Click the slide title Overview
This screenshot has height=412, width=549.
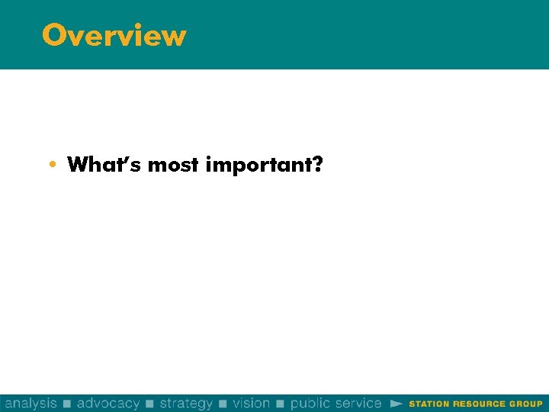pos(114,35)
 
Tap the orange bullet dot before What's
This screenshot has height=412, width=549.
pos(51,165)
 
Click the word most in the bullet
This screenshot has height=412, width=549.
pos(173,165)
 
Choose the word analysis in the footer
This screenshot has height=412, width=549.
pos(30,403)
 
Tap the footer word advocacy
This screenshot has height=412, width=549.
pos(108,403)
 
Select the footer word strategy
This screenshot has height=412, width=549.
pos(186,403)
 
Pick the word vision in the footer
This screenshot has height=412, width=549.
pos(252,403)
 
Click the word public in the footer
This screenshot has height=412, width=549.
pos(310,403)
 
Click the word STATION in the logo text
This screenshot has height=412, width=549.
pos(429,404)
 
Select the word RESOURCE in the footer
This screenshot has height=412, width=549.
pos(478,404)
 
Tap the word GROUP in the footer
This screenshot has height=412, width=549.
pos(525,404)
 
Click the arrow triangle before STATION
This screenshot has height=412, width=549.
pos(396,403)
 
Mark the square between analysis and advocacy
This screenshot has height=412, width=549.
pos(67,404)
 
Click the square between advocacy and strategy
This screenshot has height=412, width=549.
pos(149,404)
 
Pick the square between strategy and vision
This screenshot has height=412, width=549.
pos(223,404)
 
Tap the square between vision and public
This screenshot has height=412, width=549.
pos(281,404)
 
